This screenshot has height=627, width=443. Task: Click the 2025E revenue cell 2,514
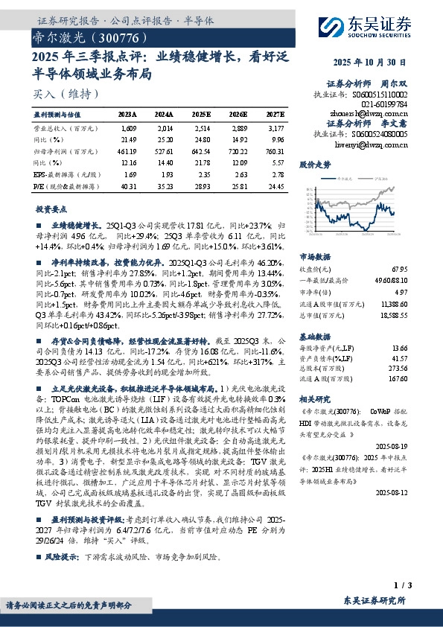click(201, 127)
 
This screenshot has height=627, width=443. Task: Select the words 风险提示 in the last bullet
click(61, 556)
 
